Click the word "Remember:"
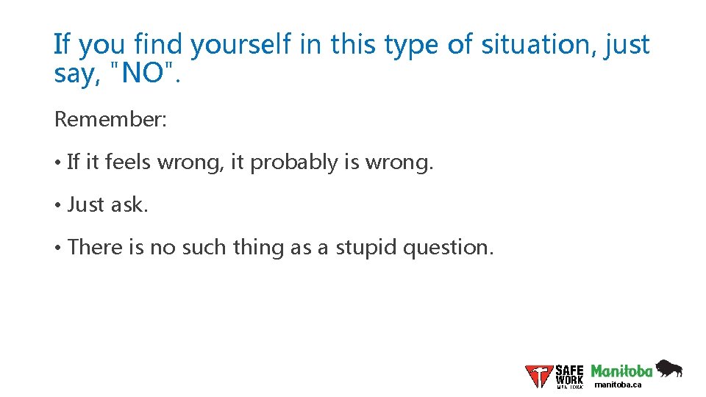(111, 120)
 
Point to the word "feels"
(128, 162)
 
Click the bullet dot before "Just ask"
(57, 205)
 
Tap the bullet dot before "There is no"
(57, 248)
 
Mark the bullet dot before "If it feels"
(57, 162)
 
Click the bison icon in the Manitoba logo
(668, 368)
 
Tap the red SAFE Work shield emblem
(538, 376)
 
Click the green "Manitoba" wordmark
(621, 371)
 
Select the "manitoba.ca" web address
(618, 385)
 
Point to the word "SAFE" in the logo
(569, 371)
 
